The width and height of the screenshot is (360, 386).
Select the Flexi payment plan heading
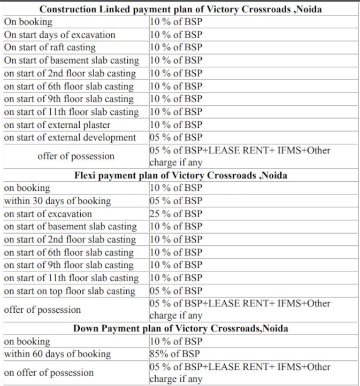pyautogui.click(x=181, y=175)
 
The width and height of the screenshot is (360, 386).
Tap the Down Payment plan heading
pyautogui.click(x=181, y=328)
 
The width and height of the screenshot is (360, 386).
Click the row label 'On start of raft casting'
pyautogui.click(x=50, y=48)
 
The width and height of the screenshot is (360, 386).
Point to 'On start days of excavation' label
pyautogui.click(x=59, y=35)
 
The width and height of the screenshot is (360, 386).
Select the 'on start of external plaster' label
pyautogui.click(x=57, y=125)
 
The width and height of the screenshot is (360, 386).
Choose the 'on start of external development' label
pyautogui.click(x=70, y=137)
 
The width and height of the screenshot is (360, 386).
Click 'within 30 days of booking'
pyautogui.click(x=58, y=201)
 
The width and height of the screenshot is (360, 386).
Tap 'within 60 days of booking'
pyautogui.click(x=58, y=354)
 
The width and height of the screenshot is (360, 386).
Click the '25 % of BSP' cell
pyautogui.click(x=176, y=214)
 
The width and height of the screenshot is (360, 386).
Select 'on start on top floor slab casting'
pyautogui.click(x=70, y=291)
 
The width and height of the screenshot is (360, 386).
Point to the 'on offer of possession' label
pyautogui.click(x=49, y=373)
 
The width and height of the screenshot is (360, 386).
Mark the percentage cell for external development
pyautogui.click(x=176, y=137)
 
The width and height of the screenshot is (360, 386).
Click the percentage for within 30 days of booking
pyautogui.click(x=176, y=201)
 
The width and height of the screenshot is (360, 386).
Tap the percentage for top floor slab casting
pyautogui.click(x=176, y=291)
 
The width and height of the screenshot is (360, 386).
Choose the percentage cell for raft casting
pyautogui.click(x=176, y=48)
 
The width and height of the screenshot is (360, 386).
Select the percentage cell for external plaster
pyautogui.click(x=176, y=125)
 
